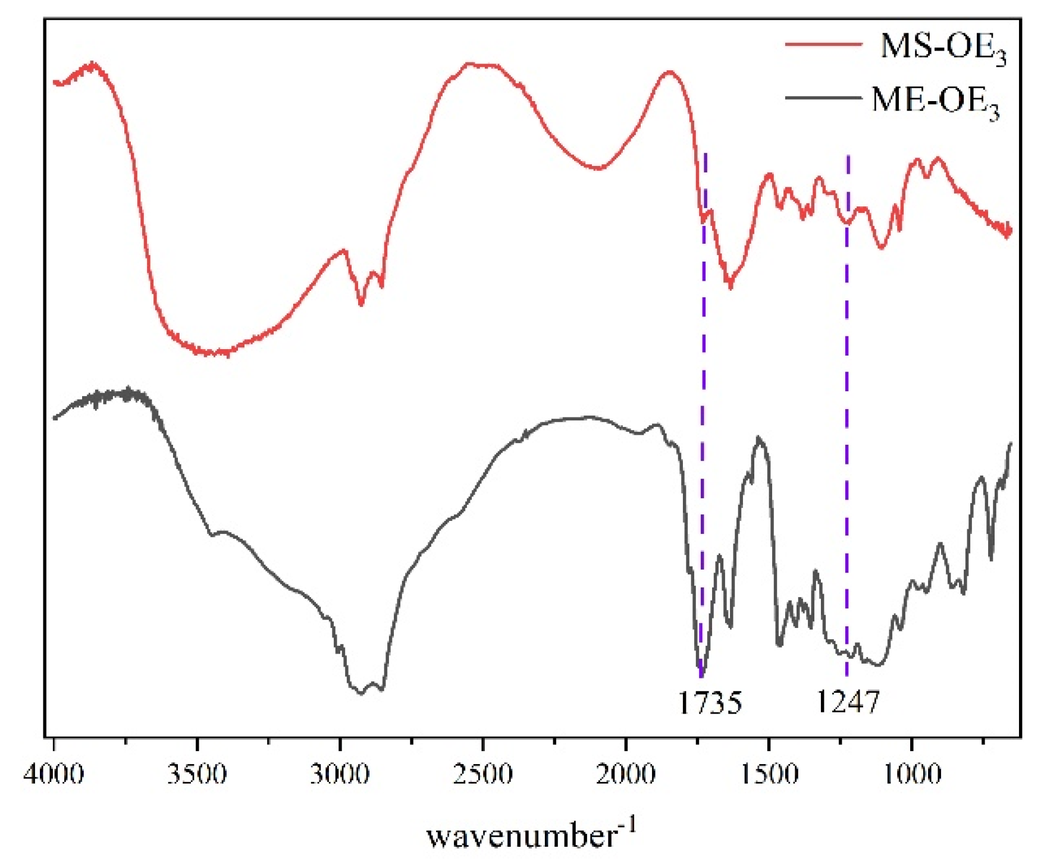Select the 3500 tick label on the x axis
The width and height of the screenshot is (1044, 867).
tap(197, 774)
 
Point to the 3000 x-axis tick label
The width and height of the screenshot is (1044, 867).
tap(340, 774)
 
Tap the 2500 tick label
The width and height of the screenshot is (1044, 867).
tap(483, 774)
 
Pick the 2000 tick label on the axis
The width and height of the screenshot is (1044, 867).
tap(626, 774)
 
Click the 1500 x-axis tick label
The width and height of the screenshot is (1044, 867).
tap(769, 774)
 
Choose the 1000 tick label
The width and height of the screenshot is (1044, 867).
tap(912, 774)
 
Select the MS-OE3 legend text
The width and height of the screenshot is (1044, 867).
tap(943, 48)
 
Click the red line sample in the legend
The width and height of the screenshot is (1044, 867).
tap(823, 44)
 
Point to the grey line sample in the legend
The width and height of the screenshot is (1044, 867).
tap(823, 97)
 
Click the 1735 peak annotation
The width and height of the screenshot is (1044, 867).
tap(710, 703)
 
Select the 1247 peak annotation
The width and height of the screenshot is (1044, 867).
tap(847, 702)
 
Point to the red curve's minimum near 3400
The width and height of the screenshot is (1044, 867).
tap(214, 353)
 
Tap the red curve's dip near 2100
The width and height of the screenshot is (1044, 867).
tap(599, 168)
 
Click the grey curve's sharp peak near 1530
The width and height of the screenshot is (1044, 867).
tap(758, 439)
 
